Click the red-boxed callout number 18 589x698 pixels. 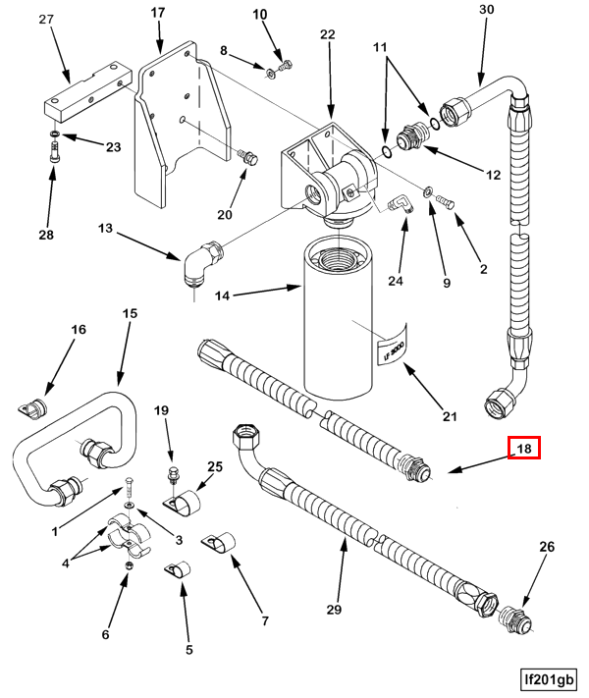(x=524, y=448)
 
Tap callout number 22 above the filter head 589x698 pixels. (x=327, y=34)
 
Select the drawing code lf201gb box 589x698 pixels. (x=549, y=679)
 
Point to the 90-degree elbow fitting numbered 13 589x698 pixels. (x=202, y=263)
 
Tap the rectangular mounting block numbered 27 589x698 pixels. (x=87, y=91)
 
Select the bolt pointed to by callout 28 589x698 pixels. (x=55, y=151)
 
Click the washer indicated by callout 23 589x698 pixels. (x=54, y=134)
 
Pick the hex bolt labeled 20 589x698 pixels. (x=248, y=157)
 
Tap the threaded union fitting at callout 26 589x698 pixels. (x=515, y=617)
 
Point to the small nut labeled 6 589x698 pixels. (x=129, y=565)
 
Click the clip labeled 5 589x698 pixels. (x=178, y=570)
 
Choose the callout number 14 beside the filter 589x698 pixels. (x=222, y=295)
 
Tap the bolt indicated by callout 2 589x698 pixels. (x=446, y=201)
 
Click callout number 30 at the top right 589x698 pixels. (x=487, y=10)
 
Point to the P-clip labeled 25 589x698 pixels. (x=183, y=504)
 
